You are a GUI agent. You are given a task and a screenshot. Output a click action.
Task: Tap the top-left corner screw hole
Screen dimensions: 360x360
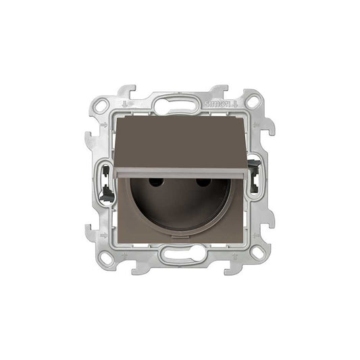[101, 105]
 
